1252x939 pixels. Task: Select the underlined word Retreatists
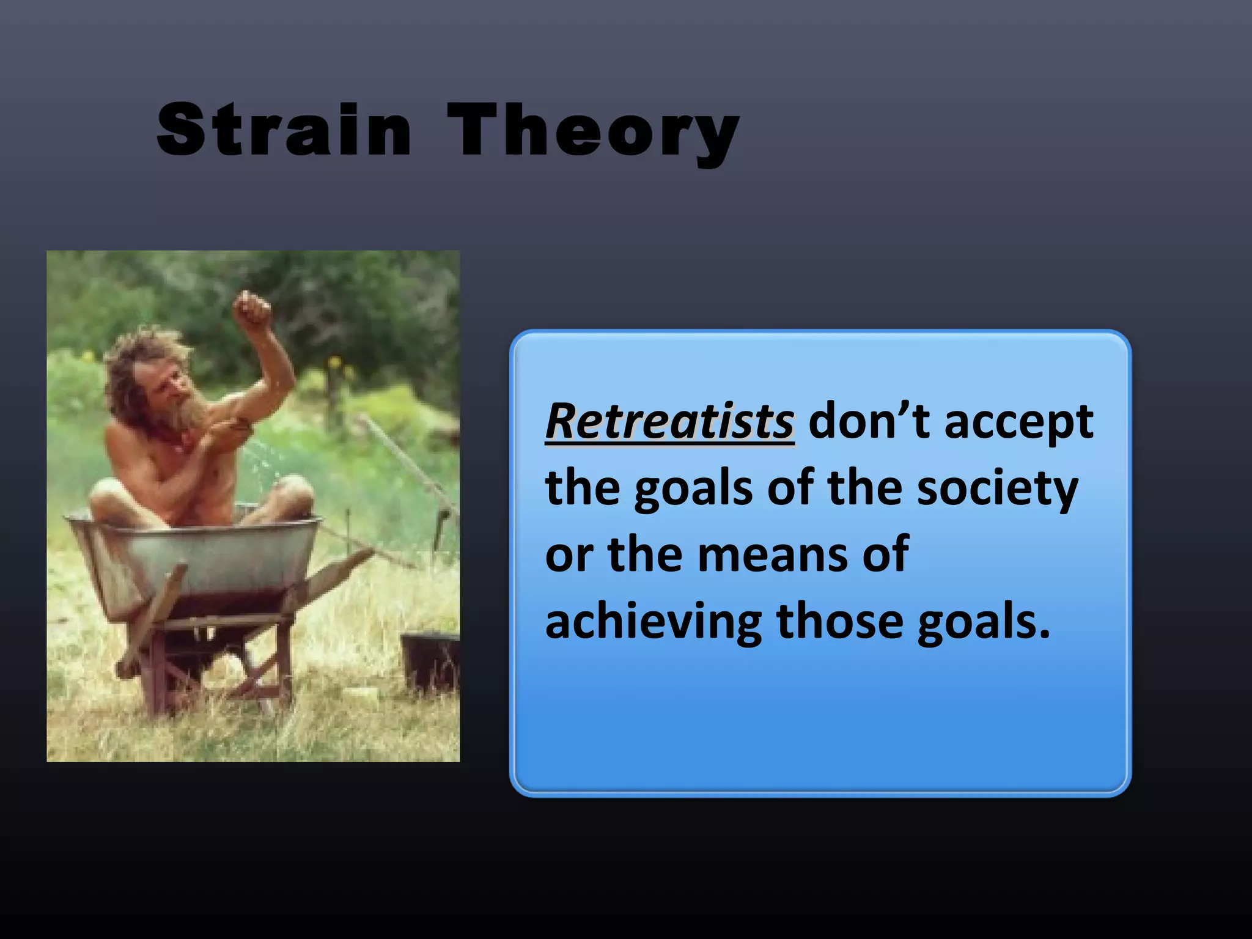(669, 422)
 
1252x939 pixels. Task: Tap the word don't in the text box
(868, 422)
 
